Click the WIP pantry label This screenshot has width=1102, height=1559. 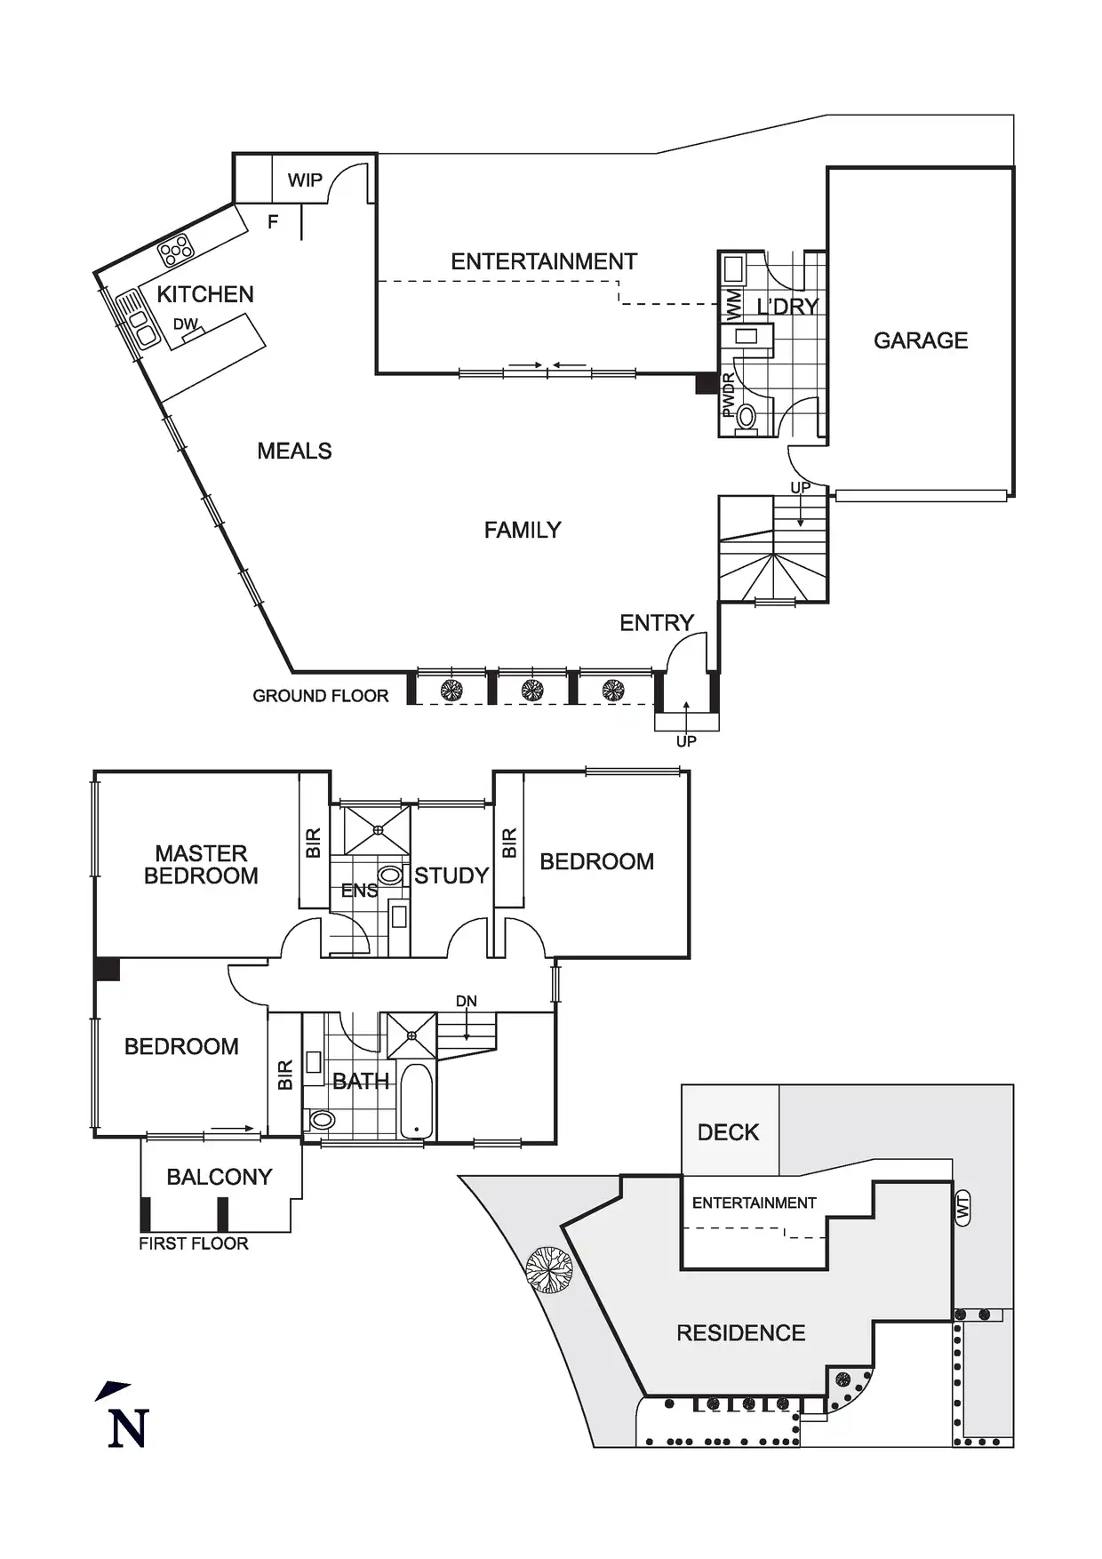coord(305,180)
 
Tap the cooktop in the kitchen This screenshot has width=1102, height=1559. coord(176,251)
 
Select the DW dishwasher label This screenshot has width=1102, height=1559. coord(185,324)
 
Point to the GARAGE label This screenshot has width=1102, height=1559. coord(921,340)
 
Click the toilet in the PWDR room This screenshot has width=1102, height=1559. coord(746,416)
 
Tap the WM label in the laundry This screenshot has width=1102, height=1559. coord(733,305)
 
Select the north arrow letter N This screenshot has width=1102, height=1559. coord(128,1428)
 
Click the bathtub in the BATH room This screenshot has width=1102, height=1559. coord(416,1101)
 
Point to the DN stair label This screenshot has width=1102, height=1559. coord(467,1002)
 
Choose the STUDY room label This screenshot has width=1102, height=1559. coord(451,876)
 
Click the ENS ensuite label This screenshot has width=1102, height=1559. coord(359,891)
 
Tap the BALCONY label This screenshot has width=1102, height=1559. coord(220,1177)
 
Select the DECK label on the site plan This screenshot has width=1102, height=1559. coord(728,1132)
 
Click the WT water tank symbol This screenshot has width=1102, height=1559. coord(963,1208)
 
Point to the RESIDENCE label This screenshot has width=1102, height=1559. coord(741,1333)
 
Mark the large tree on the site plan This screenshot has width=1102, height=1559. coord(548,1269)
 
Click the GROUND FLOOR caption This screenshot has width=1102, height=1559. coord(321,696)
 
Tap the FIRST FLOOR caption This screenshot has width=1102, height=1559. coord(194,1244)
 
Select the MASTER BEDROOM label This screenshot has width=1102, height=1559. coord(201,865)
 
